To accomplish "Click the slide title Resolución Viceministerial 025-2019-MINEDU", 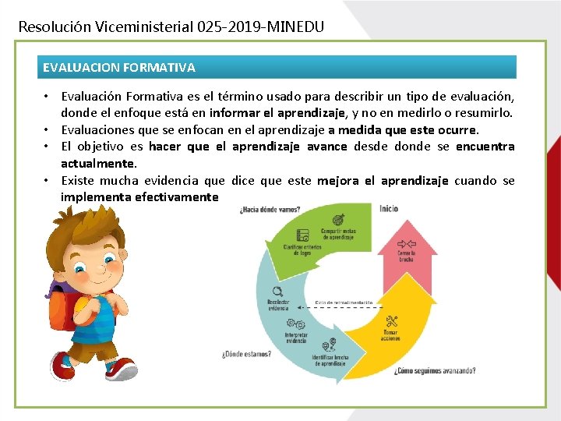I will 171,27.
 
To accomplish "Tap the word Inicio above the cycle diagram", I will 389,208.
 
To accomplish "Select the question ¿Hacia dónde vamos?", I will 270,209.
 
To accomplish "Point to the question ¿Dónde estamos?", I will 246,353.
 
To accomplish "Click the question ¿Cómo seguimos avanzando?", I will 435,370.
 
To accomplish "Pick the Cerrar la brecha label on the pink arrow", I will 406,256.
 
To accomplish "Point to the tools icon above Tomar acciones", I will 392,320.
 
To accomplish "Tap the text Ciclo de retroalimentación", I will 344,302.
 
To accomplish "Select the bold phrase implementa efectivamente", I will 139,197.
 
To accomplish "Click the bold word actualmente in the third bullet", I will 98,164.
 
